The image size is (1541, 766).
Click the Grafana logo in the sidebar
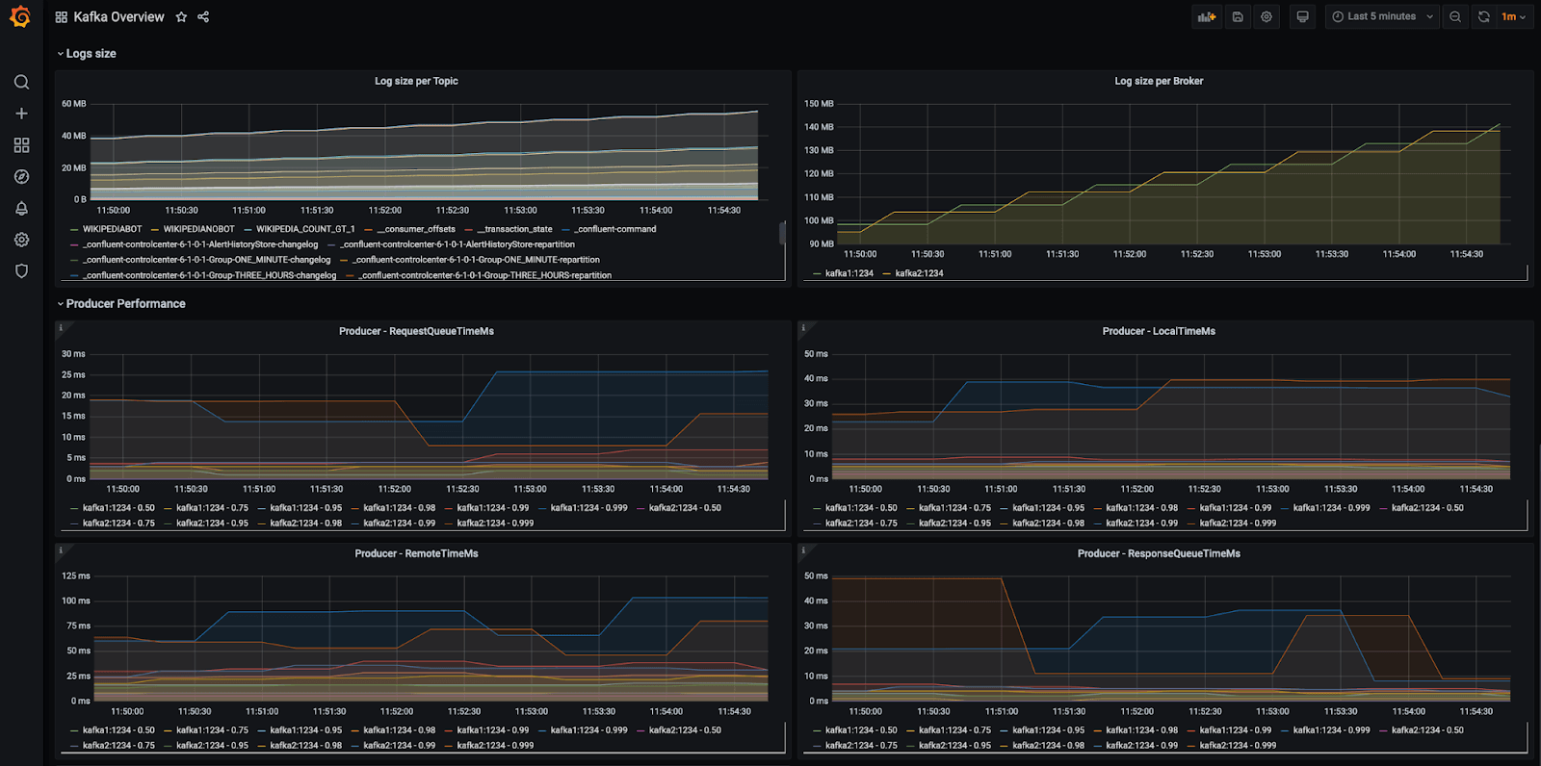(x=20, y=16)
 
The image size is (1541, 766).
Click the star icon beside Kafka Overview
(x=181, y=17)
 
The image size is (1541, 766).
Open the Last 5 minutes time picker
(x=1382, y=16)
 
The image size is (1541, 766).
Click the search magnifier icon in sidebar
(x=21, y=82)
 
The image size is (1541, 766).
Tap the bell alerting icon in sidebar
(x=21, y=208)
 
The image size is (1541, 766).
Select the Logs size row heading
(x=91, y=54)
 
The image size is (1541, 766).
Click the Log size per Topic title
(x=416, y=81)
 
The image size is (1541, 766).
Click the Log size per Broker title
(x=1159, y=81)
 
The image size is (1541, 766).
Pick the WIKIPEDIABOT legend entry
(x=112, y=229)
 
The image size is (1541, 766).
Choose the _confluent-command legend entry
(x=615, y=229)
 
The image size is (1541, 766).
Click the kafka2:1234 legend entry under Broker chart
(x=919, y=273)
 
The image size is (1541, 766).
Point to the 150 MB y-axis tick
(x=819, y=104)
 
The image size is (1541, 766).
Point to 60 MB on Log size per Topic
(x=74, y=104)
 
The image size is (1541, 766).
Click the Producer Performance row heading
(x=125, y=304)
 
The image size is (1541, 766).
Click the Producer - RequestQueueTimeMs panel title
(x=416, y=331)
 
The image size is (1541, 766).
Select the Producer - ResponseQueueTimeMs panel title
(x=1159, y=553)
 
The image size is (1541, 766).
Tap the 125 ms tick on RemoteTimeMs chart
(x=76, y=576)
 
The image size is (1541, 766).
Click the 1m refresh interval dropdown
(x=1513, y=16)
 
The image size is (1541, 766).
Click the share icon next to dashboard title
(x=203, y=17)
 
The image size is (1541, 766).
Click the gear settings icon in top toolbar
(x=1267, y=16)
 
